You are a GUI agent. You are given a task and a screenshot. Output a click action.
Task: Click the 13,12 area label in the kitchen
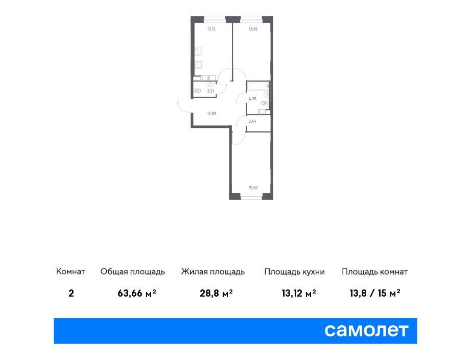pyautogui.click(x=211, y=29)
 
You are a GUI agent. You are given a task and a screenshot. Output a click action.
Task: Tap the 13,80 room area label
pyautogui.click(x=253, y=29)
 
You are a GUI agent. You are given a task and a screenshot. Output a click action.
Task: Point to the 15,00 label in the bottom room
pyautogui.click(x=253, y=188)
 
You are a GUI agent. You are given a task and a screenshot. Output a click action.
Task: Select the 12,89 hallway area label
pyautogui.click(x=211, y=114)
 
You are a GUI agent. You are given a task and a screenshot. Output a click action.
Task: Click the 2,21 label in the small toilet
pyautogui.click(x=210, y=91)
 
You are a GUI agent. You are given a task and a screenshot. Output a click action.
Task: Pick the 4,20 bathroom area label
pyautogui.click(x=252, y=99)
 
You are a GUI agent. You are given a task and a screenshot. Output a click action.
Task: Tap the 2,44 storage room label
pyautogui.click(x=252, y=121)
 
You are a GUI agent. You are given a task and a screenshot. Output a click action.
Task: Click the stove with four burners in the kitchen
pyautogui.click(x=198, y=52)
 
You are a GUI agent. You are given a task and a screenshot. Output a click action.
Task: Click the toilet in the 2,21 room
pyautogui.click(x=197, y=91)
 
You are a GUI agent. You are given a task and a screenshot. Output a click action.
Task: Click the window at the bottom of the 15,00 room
pyautogui.click(x=251, y=197)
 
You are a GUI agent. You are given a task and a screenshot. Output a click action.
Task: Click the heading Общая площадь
pyautogui.click(x=133, y=272)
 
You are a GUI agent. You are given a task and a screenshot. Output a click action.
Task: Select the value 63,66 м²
pyautogui.click(x=137, y=293)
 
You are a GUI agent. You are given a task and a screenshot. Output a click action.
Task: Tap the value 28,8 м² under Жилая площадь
pyautogui.click(x=216, y=293)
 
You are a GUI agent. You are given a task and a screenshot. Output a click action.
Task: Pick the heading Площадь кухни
pyautogui.click(x=294, y=272)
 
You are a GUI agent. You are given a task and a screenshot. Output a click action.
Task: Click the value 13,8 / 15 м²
pyautogui.click(x=375, y=293)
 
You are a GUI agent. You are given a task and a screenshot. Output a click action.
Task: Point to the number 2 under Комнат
pyautogui.click(x=71, y=293)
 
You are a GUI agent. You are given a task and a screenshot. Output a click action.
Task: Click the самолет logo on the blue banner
pyautogui.click(x=366, y=330)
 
